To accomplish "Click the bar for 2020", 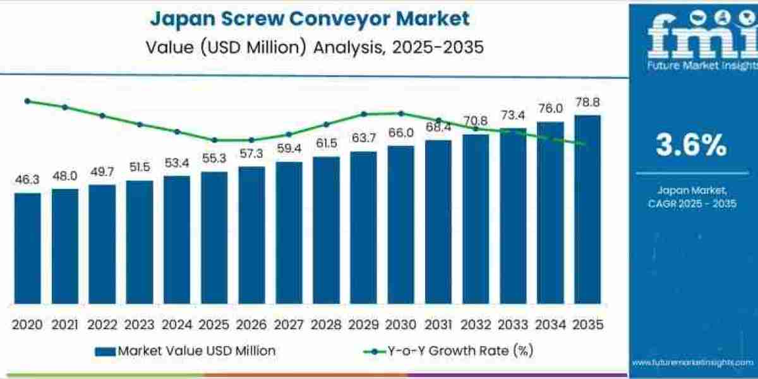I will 27,248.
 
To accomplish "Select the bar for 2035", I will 587,210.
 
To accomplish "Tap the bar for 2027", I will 289,233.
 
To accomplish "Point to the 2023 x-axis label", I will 139,325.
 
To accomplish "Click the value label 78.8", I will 587,102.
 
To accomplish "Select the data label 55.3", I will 214,159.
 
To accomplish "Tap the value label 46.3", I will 27,180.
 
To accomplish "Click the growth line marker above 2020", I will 27,100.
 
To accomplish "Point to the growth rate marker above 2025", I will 214,140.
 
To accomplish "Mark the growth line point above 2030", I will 400,113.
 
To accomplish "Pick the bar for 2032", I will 475,219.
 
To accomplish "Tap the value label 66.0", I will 400,133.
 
